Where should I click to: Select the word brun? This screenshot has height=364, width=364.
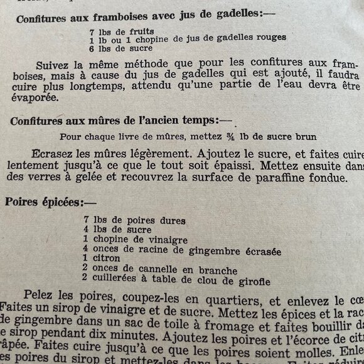click(302, 136)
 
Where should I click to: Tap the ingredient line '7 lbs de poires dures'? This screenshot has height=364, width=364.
click(134, 220)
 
